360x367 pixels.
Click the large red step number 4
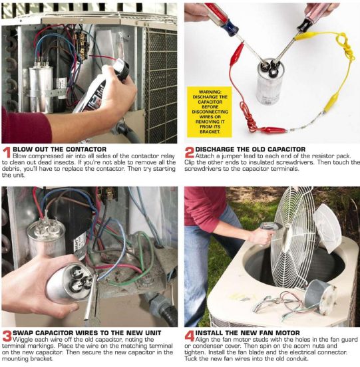coord(190,338)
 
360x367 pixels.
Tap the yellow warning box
coord(209,112)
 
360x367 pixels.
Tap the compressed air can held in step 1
coord(100,90)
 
